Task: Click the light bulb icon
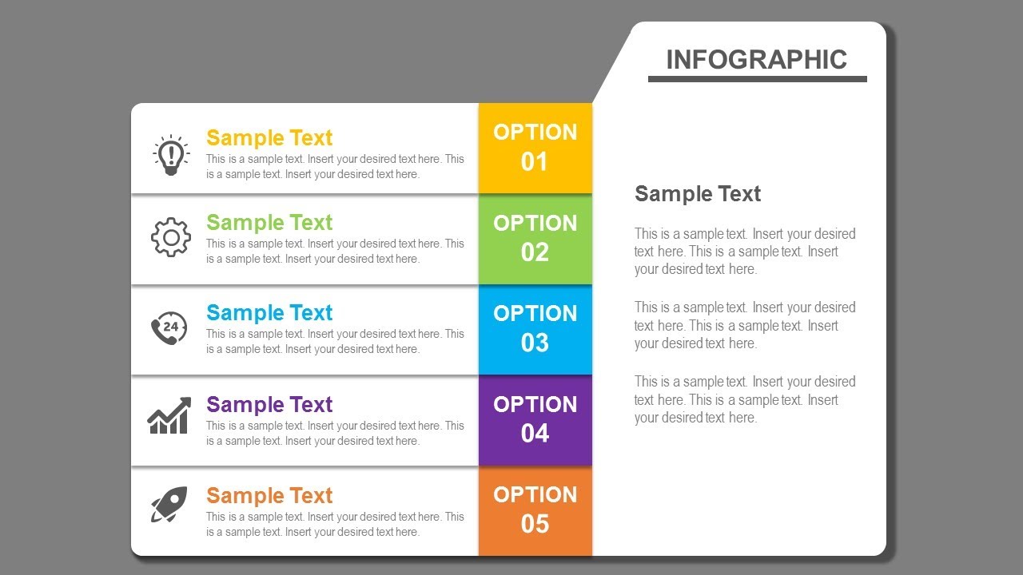[170, 155]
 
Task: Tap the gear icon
[170, 237]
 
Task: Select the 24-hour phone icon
[169, 327]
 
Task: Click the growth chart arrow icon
[169, 416]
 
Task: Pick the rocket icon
[169, 505]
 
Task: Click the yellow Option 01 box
[535, 148]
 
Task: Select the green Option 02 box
[535, 239]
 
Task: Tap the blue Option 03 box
[535, 329]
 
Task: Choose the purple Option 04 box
[535, 420]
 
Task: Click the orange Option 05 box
[535, 510]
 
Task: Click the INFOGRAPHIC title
[756, 60]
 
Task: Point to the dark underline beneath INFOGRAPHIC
[757, 79]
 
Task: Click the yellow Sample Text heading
[269, 138]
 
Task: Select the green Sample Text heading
[269, 223]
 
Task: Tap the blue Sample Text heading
[269, 313]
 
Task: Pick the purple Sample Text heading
[269, 405]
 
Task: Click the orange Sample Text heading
[269, 496]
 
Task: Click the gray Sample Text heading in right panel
[697, 194]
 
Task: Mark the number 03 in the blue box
[535, 343]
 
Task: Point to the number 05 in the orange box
[535, 525]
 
